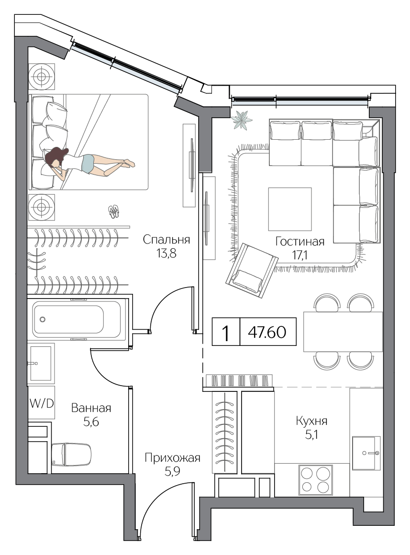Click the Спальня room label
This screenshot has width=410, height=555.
(166, 240)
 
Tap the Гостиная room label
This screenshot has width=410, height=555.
(300, 242)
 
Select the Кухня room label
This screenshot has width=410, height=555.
(311, 421)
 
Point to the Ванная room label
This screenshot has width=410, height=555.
(91, 408)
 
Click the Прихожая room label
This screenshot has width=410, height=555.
(172, 458)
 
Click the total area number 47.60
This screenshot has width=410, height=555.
(267, 332)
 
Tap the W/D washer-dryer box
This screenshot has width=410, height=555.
(42, 403)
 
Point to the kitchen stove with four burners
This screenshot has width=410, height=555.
(316, 479)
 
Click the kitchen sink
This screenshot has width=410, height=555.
(366, 453)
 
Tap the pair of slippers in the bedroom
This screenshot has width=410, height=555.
(114, 211)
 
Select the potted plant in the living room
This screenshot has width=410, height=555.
(242, 120)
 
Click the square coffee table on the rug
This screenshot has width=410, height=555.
(290, 209)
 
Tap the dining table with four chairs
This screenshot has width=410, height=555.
(343, 332)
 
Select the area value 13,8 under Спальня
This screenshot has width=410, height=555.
(166, 254)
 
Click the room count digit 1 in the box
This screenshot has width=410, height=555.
(225, 333)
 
